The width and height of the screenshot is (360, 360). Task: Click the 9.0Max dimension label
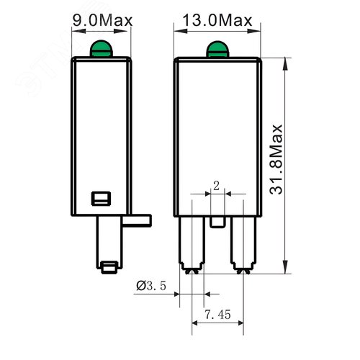coord(103,19)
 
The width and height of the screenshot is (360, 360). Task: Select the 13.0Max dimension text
coord(215,19)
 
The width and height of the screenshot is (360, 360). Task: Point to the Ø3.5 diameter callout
coord(151,287)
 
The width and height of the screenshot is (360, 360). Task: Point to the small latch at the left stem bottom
coord(109,267)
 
